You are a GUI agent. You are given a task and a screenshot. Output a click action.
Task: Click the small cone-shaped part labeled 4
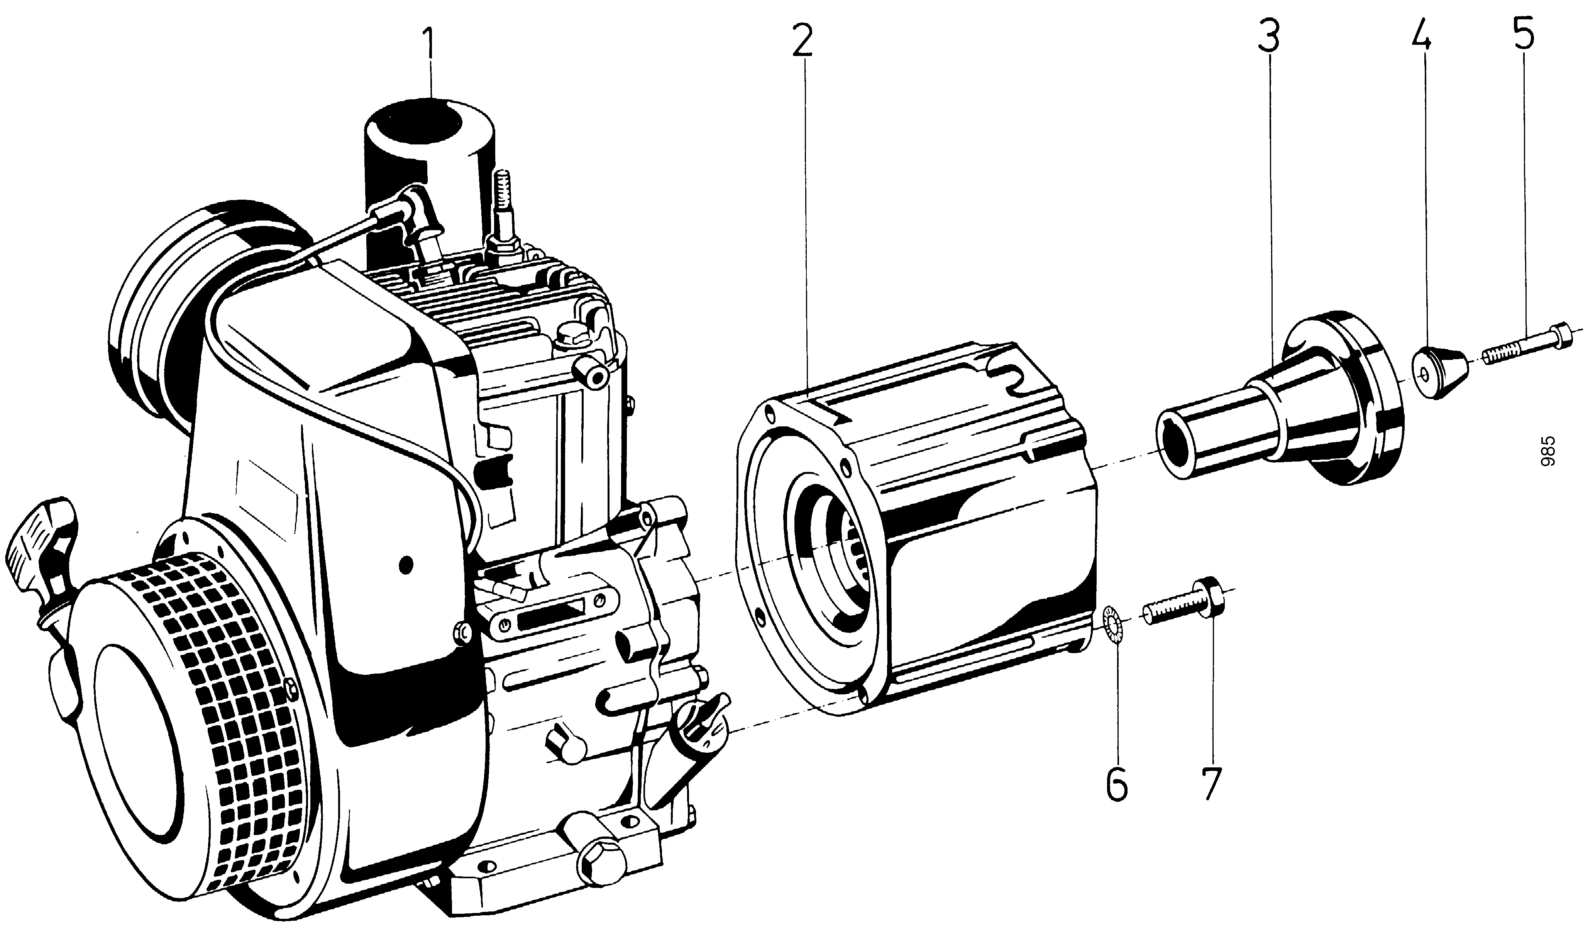click(x=1437, y=381)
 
